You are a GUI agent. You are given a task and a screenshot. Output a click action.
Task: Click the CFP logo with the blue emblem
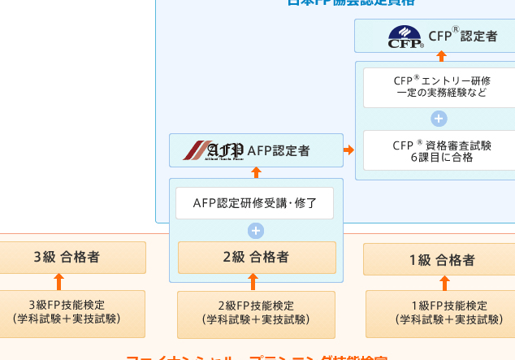[405, 37]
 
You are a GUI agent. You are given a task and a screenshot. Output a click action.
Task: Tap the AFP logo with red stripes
[213, 150]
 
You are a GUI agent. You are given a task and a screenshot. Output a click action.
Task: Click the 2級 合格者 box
[256, 258]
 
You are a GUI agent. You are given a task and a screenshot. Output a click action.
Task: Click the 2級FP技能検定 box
[256, 313]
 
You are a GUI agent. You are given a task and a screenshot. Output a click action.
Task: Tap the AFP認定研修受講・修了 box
[254, 203]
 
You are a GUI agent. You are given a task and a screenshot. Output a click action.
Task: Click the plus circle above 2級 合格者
[256, 231]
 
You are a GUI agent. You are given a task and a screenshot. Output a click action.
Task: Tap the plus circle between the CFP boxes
[439, 119]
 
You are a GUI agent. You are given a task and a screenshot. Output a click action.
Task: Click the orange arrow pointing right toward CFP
[349, 150]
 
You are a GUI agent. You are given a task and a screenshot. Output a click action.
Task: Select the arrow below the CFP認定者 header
[442, 56]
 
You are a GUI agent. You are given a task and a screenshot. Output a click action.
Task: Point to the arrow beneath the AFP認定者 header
[256, 172]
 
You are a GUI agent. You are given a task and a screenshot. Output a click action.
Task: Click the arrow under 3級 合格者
[58, 281]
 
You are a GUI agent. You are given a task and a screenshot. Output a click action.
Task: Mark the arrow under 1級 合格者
[444, 283]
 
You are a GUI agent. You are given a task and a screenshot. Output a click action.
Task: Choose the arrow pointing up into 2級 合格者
[253, 281]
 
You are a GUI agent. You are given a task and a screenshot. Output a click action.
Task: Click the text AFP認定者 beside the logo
[279, 150]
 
